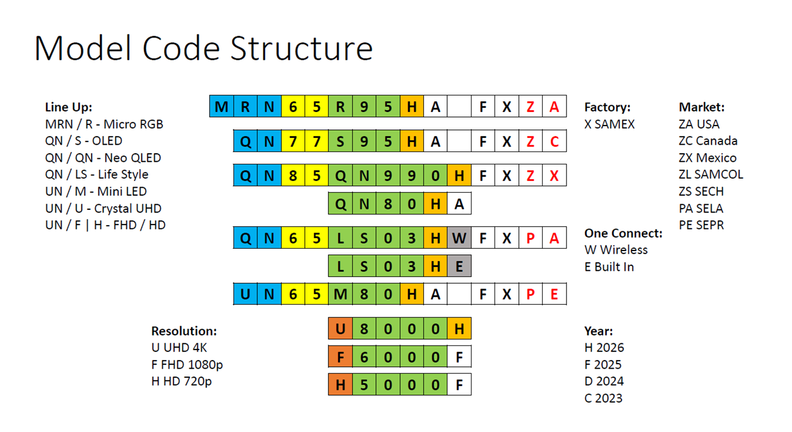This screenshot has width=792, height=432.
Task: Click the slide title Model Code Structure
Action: pyautogui.click(x=204, y=49)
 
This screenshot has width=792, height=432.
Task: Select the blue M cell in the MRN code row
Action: pyautogui.click(x=222, y=106)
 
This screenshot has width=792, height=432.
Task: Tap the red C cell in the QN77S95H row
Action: pyautogui.click(x=555, y=141)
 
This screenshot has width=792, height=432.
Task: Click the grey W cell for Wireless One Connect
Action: pyautogui.click(x=459, y=237)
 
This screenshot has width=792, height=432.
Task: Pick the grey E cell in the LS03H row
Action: pyautogui.click(x=459, y=266)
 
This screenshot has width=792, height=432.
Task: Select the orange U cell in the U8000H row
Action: pyautogui.click(x=340, y=329)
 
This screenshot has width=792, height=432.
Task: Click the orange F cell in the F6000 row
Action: pyautogui.click(x=340, y=356)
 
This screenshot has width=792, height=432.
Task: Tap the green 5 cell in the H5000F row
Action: pyautogui.click(x=364, y=385)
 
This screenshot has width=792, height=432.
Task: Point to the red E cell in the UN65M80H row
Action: pyautogui.click(x=555, y=294)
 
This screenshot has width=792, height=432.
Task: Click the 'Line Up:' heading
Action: pyautogui.click(x=68, y=107)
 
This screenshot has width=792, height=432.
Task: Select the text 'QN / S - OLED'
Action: pyautogui.click(x=84, y=141)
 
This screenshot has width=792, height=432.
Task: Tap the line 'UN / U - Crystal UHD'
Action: pyautogui.click(x=103, y=208)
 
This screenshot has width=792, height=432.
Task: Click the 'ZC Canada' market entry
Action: pyautogui.click(x=708, y=141)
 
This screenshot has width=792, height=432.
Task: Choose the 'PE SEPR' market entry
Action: pyautogui.click(x=701, y=225)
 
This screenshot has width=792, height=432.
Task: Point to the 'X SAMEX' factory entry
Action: pyautogui.click(x=609, y=124)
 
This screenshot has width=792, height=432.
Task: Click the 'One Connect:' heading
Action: pyautogui.click(x=623, y=233)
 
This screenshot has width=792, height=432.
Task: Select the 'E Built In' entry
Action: pyautogui.click(x=609, y=266)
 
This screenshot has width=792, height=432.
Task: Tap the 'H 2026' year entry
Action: pyautogui.click(x=604, y=348)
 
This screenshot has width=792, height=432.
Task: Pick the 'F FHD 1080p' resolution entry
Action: pyautogui.click(x=187, y=365)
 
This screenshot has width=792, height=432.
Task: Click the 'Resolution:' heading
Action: pyautogui.click(x=184, y=331)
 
